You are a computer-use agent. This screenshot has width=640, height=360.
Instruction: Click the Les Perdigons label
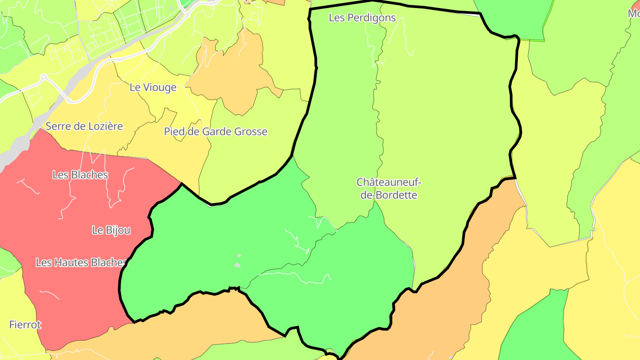[x=362, y=18]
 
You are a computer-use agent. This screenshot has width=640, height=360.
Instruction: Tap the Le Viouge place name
[x=153, y=88]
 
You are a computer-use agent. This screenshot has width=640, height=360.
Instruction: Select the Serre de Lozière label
[x=84, y=126]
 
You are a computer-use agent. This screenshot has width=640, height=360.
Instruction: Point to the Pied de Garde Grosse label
[x=216, y=132]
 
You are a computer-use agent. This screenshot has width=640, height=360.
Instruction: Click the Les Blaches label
[x=80, y=175]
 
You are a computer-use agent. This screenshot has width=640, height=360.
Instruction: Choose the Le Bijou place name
[x=111, y=230]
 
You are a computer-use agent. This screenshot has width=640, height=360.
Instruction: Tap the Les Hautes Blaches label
[x=81, y=263]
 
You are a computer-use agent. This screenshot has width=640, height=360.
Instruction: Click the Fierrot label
[x=25, y=325]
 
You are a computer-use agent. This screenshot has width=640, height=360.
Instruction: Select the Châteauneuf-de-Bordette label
[x=388, y=188]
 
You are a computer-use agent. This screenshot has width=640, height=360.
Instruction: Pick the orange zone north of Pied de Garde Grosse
[x=231, y=71]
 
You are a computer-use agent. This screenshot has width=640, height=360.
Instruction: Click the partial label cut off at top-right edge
[x=634, y=13]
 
